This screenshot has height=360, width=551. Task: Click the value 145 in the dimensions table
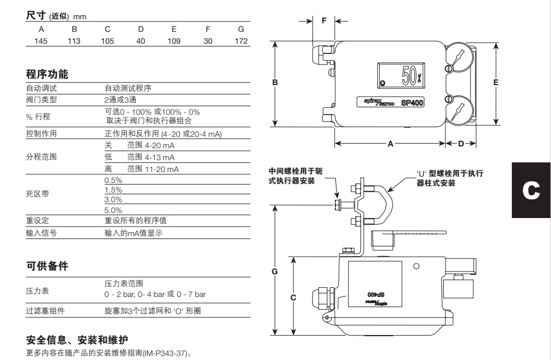click(x=40, y=41)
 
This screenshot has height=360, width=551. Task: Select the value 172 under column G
click(x=241, y=41)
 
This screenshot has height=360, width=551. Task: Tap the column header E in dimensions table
click(x=174, y=29)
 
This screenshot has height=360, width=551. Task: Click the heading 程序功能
click(x=47, y=74)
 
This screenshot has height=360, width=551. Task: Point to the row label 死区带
click(x=37, y=194)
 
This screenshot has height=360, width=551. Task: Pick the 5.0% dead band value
click(x=113, y=210)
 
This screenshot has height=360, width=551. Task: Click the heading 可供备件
click(x=47, y=266)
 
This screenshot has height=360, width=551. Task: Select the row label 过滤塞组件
click(x=45, y=311)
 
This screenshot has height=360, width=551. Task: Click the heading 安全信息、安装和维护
click(x=77, y=341)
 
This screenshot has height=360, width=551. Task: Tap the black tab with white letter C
click(x=531, y=190)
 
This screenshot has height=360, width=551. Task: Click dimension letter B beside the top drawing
click(x=275, y=83)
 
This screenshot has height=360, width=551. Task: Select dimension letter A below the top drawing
click(x=390, y=144)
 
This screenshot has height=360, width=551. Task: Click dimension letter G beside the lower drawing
click(x=275, y=271)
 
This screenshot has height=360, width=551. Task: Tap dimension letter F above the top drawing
click(x=324, y=20)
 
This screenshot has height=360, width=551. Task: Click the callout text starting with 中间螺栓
click(x=295, y=176)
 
